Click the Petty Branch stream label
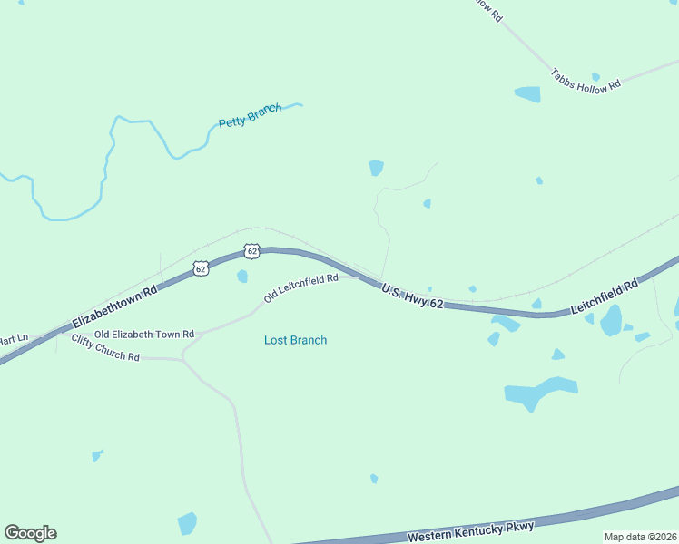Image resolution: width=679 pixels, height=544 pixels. click(x=250, y=115)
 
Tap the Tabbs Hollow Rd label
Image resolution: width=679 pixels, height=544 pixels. click(x=586, y=79)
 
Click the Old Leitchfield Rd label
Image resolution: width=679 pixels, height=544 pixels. click(x=300, y=288)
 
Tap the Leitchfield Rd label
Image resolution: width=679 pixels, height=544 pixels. click(x=605, y=297)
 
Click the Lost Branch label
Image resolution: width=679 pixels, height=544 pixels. click(x=295, y=340)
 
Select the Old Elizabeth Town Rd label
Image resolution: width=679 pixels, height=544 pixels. click(x=144, y=334)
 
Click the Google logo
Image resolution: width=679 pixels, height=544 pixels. click(x=30, y=533)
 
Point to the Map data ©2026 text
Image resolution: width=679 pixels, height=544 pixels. click(x=640, y=537)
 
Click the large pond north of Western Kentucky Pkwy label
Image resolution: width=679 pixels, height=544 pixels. click(x=539, y=392)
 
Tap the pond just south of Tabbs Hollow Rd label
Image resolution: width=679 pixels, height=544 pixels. click(x=527, y=93)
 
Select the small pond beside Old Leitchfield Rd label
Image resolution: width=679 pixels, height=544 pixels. click(x=242, y=276)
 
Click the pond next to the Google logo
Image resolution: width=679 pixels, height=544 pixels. click(x=187, y=523)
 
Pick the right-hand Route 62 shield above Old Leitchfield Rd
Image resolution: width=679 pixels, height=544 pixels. click(x=252, y=249)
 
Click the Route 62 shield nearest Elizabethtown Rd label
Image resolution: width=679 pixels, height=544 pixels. click(x=201, y=267)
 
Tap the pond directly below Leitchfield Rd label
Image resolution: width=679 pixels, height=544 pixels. click(x=611, y=320)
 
